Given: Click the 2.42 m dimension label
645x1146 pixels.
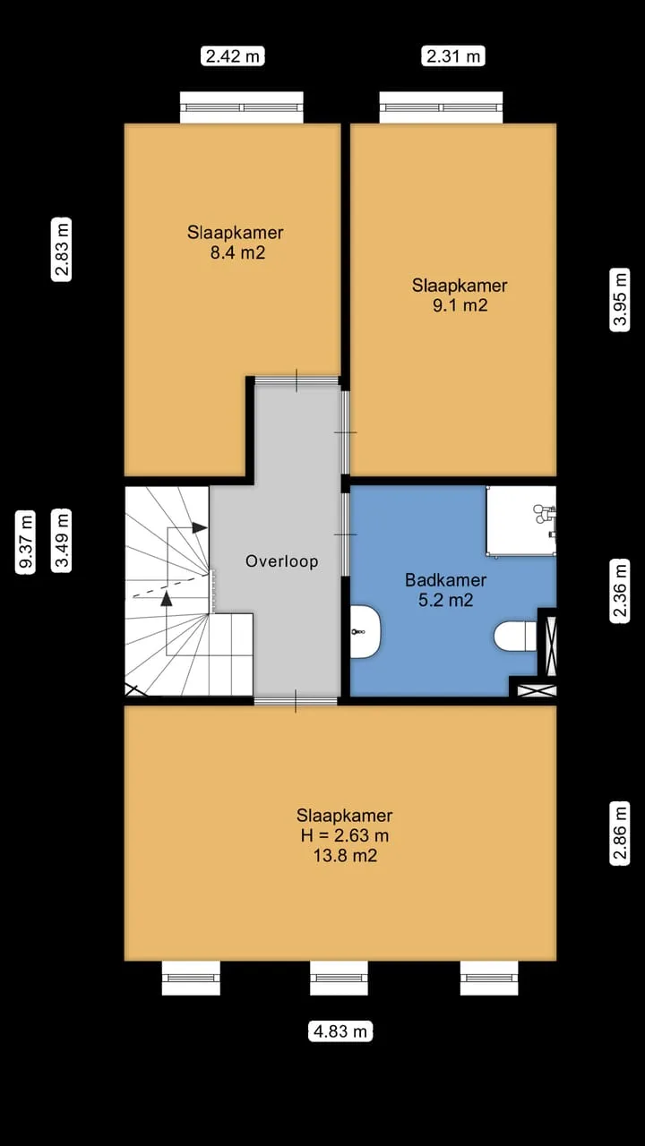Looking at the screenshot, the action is [232, 56].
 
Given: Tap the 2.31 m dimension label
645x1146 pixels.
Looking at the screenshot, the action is [453, 56].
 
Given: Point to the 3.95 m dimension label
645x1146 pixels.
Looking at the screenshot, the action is [619, 299].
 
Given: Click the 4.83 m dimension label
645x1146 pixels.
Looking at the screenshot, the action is [340, 1031].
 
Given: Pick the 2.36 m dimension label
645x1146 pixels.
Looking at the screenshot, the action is [619, 591].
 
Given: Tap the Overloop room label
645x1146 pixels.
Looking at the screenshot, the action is [282, 561].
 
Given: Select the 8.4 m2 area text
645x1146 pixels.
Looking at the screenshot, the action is [238, 252].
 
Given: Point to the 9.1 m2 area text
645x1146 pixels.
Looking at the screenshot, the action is [460, 305].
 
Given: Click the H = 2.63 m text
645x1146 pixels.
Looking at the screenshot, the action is [345, 835].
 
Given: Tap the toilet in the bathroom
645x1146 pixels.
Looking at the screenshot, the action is [515, 636].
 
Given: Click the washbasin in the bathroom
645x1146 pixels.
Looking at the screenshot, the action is [365, 632].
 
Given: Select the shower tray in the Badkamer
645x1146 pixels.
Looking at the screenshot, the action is [520, 520].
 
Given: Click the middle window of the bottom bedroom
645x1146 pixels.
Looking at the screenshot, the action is [339, 978].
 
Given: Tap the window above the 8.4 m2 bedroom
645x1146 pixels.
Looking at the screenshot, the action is [242, 107].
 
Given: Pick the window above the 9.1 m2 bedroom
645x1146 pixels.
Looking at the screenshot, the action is [442, 107].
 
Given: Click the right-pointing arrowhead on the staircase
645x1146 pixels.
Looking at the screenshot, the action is [200, 527].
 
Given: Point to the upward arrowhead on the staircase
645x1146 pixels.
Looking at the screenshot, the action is [167, 599].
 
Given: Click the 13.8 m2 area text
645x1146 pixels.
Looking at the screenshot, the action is [345, 855].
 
